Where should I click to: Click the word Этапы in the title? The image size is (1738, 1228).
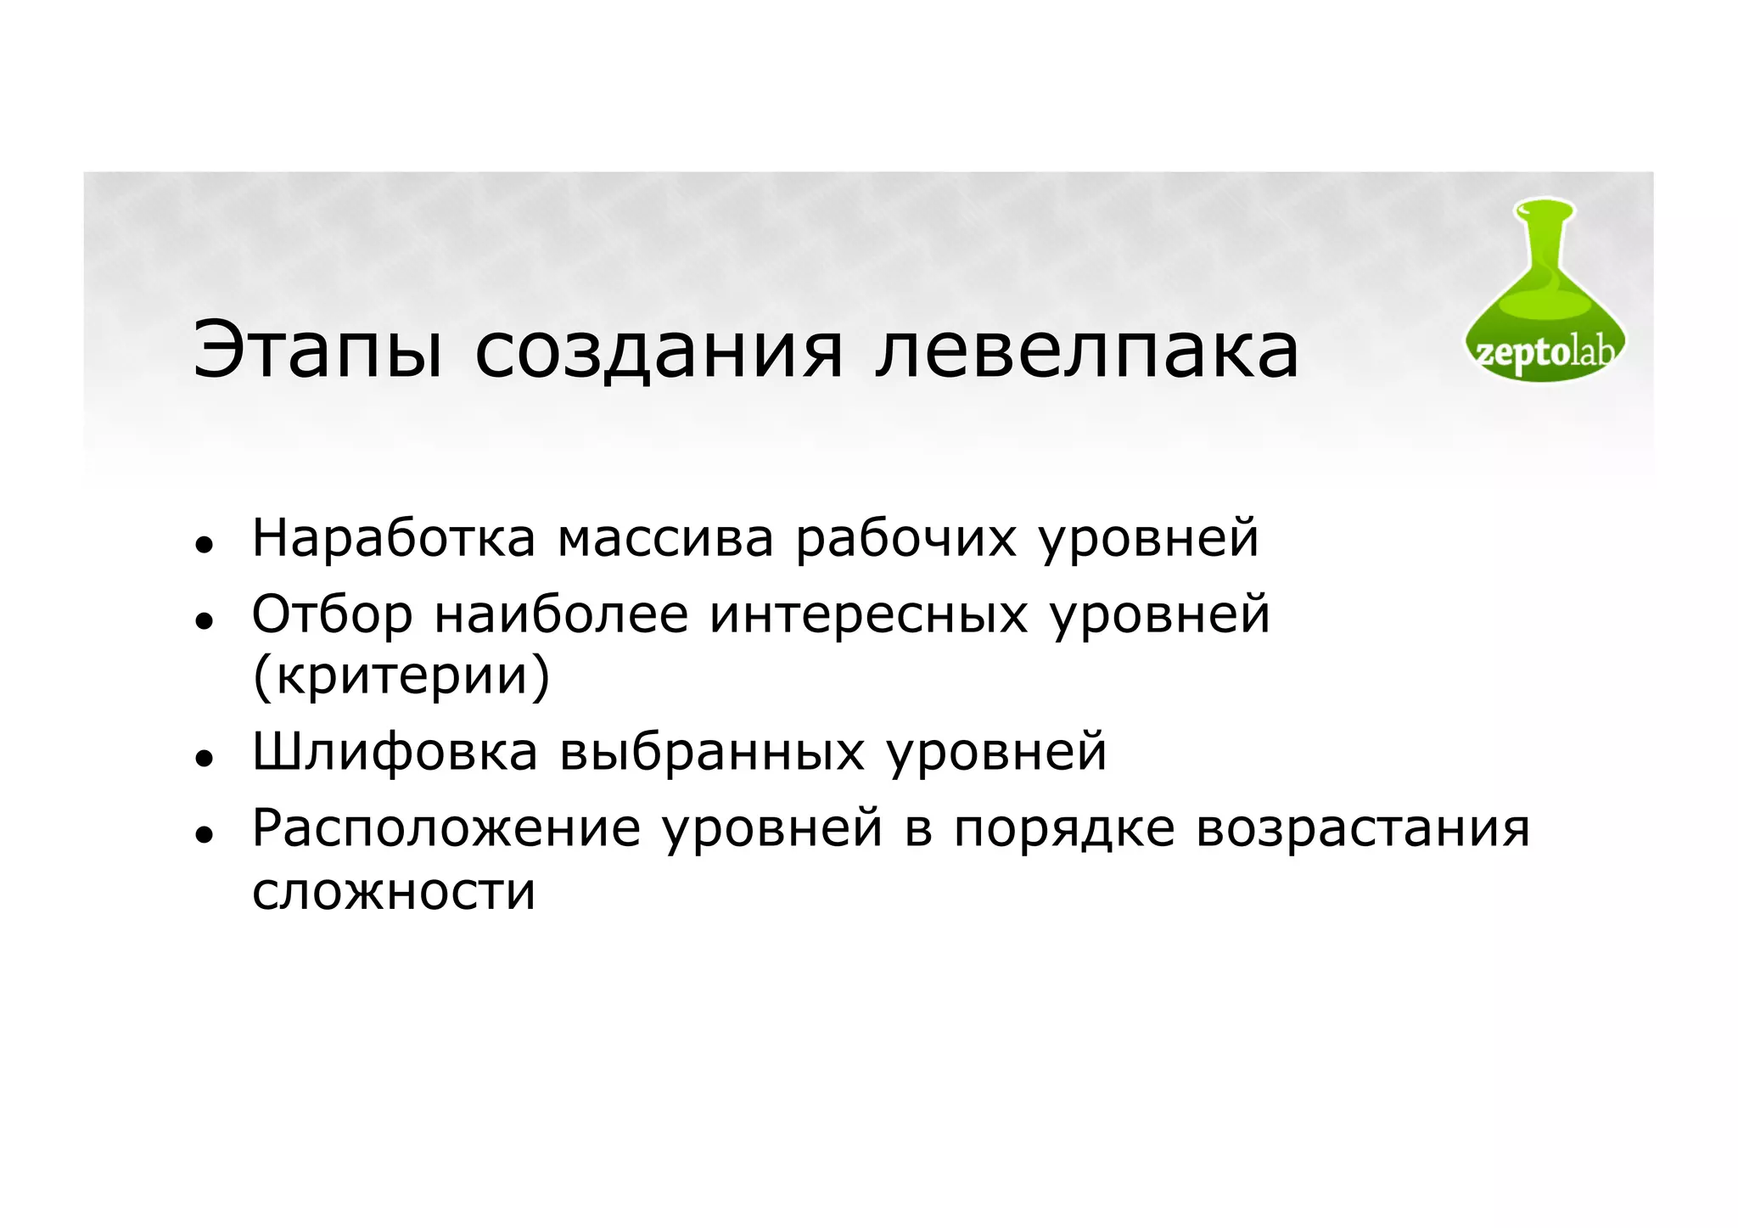[317, 350]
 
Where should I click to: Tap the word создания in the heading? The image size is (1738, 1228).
[659, 350]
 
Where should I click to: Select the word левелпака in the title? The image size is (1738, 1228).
[1086, 350]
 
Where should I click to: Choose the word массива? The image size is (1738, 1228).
[665, 538]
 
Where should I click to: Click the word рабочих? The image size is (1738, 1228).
[905, 538]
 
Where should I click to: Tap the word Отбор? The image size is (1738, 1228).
[332, 614]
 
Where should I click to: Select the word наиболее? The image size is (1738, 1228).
[561, 614]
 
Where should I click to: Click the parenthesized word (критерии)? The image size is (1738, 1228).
[401, 676]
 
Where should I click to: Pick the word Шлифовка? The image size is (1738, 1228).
[395, 752]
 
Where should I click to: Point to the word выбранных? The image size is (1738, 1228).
[712, 752]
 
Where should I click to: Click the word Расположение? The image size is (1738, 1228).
[446, 828]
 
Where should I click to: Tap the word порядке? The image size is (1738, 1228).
[1064, 828]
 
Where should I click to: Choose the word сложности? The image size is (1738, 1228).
[394, 891]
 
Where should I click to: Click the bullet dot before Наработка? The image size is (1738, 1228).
[202, 544]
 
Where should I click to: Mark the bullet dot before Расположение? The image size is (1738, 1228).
[202, 834]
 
